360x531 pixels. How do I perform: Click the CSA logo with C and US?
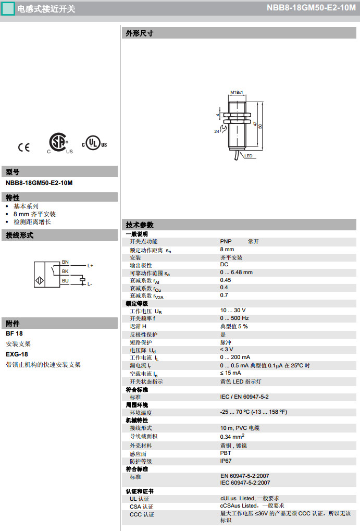[x=58, y=143]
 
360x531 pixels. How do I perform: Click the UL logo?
[x=94, y=143]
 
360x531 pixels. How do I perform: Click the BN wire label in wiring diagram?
[x=65, y=262]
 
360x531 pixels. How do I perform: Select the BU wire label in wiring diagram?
[x=65, y=280]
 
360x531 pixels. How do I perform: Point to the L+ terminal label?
[x=90, y=266]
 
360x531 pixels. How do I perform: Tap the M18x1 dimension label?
[x=237, y=92]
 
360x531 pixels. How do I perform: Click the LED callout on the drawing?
[x=249, y=156]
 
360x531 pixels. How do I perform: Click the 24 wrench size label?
[x=217, y=131]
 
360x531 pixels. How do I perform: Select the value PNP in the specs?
[x=226, y=242]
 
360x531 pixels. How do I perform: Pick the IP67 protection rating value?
[x=226, y=461]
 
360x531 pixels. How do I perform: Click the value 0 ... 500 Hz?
[x=234, y=318]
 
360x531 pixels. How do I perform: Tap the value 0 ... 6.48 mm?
[x=236, y=272]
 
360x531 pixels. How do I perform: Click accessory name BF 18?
[x=14, y=334]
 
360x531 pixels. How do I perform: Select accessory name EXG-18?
[x=17, y=354]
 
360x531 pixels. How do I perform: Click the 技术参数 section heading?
[x=140, y=225]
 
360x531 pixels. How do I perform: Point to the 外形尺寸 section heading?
[x=140, y=34]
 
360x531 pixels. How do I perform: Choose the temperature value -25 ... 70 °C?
[x=253, y=412]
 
